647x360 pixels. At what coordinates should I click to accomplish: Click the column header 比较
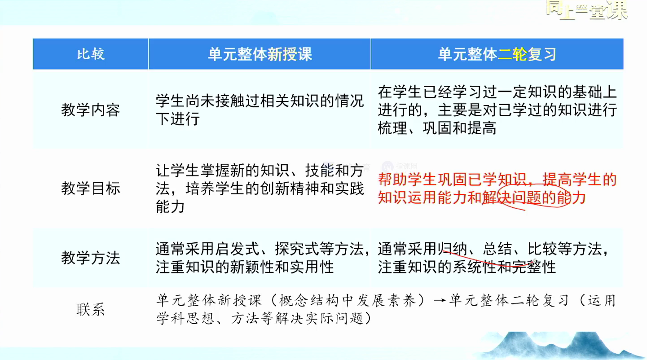pos(91,54)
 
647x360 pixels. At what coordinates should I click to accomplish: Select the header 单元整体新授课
pos(260,54)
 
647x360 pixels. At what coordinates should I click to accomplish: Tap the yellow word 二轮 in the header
pos(512,54)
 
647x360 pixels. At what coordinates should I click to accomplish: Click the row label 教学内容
pos(90,110)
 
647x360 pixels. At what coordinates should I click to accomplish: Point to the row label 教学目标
pos(90,189)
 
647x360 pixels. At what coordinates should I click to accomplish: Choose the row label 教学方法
pos(90,258)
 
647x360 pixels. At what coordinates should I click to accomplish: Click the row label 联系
pos(90,310)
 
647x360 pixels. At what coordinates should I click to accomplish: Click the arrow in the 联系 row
pos(440,301)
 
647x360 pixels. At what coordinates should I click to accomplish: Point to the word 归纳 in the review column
pos(452,249)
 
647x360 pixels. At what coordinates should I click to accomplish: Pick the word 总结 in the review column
pos(497,249)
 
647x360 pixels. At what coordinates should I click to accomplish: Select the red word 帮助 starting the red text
pos(393,179)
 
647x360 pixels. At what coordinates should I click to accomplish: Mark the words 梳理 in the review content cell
pos(392,128)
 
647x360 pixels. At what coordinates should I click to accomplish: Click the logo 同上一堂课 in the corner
pos(586,10)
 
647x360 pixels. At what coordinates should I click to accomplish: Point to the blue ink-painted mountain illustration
pos(563,346)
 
